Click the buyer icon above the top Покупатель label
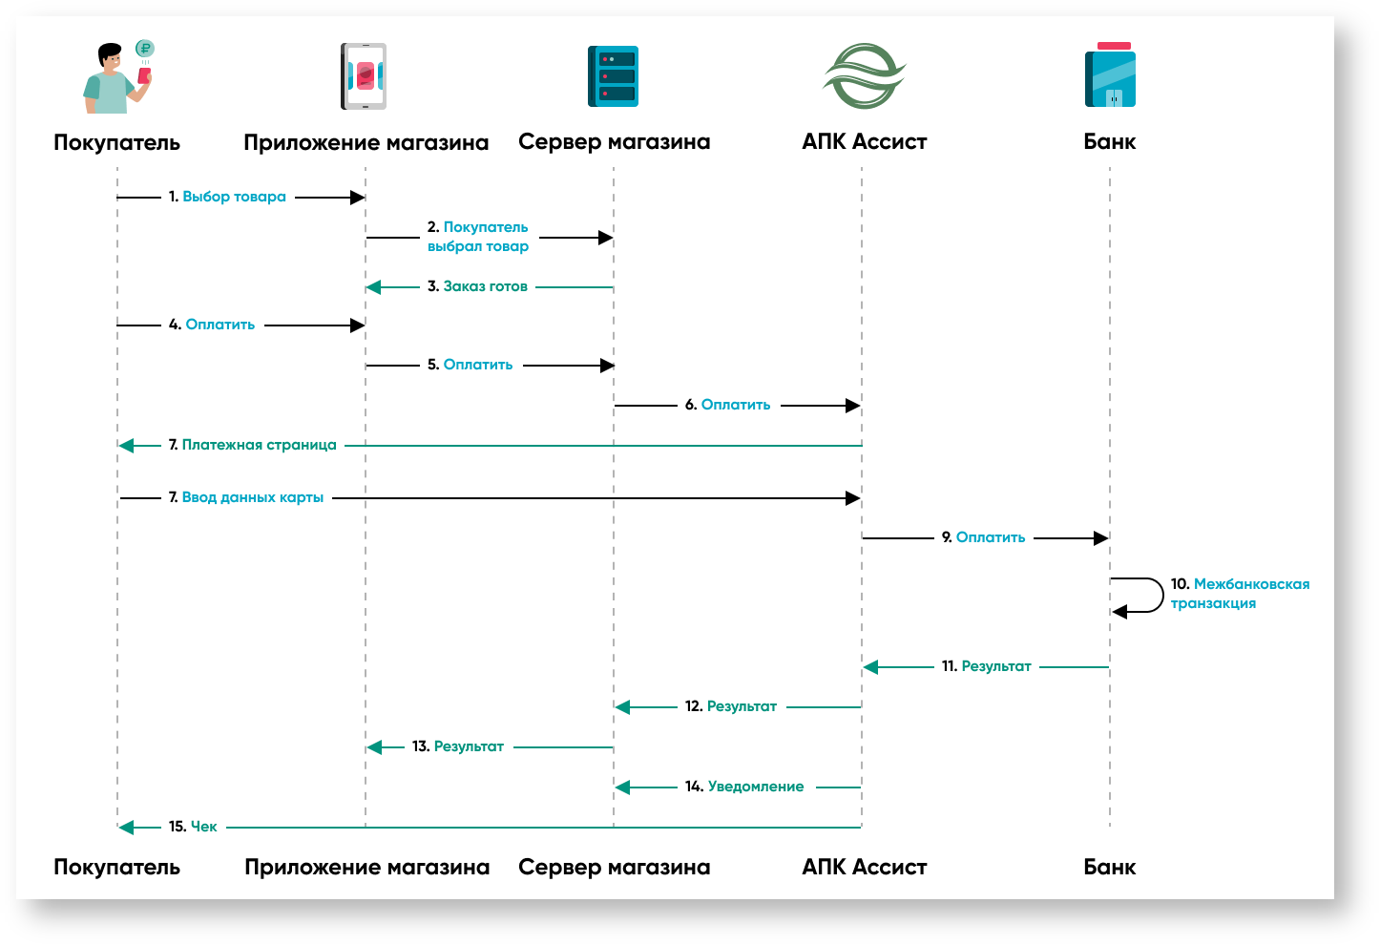116,77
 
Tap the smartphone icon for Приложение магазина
364,76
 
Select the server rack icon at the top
613,76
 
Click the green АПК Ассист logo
864,75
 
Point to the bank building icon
1110,75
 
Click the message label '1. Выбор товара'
228,197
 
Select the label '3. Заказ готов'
477,286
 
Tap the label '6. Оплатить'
727,405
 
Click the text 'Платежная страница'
259,445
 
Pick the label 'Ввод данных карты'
252,497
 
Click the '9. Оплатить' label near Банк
983,537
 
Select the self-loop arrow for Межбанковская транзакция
1140,595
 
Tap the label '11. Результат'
986,666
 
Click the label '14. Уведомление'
744,787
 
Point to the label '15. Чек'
193,827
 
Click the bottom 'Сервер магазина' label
614,867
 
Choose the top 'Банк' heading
1109,141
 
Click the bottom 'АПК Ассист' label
864,867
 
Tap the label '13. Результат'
458,746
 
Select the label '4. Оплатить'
212,325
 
